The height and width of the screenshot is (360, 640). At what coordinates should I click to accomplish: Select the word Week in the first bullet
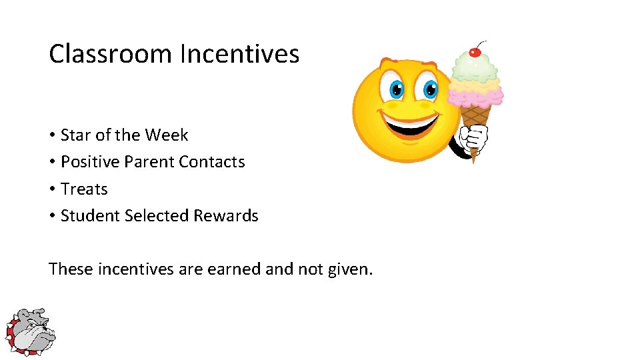tap(167, 135)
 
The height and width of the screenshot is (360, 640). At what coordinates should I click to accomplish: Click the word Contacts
tap(212, 162)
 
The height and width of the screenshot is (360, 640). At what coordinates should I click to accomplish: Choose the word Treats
tap(84, 189)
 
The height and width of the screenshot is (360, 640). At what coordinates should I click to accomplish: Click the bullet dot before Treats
tap(52, 190)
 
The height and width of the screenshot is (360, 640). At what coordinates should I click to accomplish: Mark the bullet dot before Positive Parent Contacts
tap(52, 163)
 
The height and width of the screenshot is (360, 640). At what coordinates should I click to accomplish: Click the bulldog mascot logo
tap(31, 331)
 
